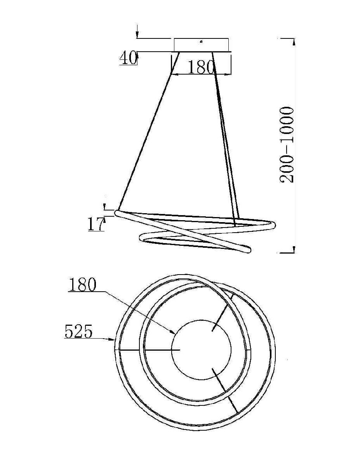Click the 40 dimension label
(x=128, y=58)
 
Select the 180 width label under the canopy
(x=201, y=68)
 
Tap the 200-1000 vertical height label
(x=287, y=144)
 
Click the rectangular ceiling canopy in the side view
(x=201, y=45)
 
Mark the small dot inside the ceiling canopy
(x=201, y=41)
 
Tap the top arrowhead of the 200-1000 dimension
(x=294, y=42)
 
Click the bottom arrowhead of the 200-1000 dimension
(x=294, y=249)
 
